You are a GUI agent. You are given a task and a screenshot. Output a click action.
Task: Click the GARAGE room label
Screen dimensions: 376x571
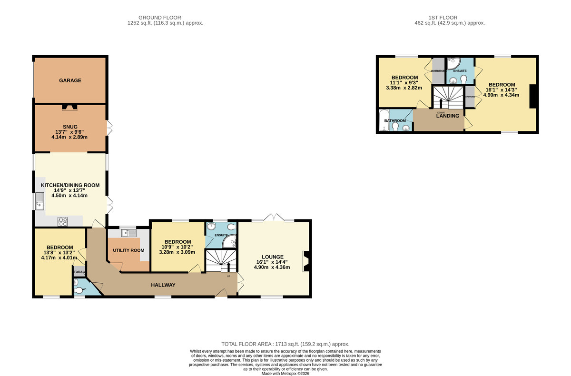(70, 80)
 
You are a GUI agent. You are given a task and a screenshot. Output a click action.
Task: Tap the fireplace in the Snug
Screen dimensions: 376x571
(70, 108)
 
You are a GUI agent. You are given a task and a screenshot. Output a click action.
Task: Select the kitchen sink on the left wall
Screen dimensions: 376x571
(39, 202)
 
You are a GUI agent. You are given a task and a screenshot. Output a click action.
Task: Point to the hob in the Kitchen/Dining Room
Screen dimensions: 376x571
(63, 221)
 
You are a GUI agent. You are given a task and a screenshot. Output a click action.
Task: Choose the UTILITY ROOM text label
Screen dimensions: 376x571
(128, 250)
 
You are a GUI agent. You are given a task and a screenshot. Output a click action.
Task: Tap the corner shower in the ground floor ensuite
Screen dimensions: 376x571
(230, 242)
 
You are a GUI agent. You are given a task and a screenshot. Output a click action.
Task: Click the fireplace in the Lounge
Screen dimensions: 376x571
(306, 261)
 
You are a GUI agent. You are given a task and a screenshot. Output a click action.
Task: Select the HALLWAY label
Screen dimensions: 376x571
(163, 285)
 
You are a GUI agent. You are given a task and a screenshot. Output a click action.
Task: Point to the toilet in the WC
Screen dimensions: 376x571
(79, 289)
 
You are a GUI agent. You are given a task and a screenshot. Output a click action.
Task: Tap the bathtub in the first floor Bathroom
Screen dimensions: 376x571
(383, 120)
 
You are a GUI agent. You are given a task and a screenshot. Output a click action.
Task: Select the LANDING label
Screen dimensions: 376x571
(448, 116)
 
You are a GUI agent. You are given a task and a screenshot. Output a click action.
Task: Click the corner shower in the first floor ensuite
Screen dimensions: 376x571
(453, 64)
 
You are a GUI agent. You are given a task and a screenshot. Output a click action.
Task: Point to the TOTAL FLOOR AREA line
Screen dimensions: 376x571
(285, 344)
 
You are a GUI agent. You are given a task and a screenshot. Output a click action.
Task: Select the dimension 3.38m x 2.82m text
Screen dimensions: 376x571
(404, 88)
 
